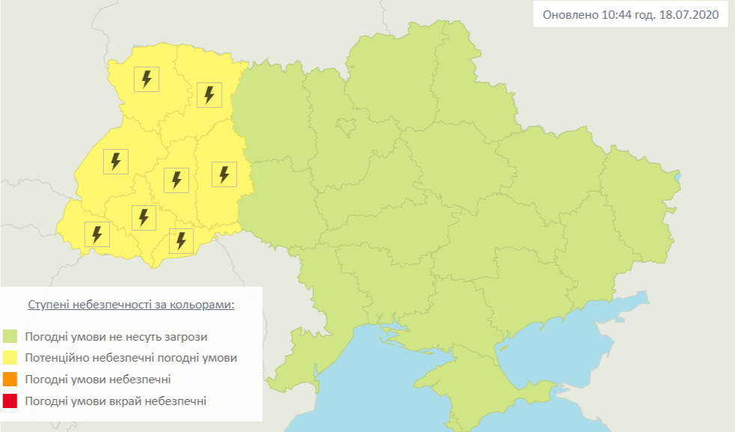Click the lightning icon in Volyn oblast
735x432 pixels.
147,79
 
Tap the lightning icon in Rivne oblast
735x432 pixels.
210,94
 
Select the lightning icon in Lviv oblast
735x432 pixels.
115,161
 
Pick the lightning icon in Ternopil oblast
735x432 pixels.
177,180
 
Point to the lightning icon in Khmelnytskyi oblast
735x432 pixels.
223,174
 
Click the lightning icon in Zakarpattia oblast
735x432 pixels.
97,234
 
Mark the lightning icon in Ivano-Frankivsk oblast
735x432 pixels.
144,217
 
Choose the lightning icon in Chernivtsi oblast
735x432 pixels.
180,240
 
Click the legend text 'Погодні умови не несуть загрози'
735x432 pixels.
116,336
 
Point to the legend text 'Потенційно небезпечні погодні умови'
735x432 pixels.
130,358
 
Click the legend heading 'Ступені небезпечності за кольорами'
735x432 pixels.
131,305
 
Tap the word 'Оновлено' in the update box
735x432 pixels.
570,15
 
